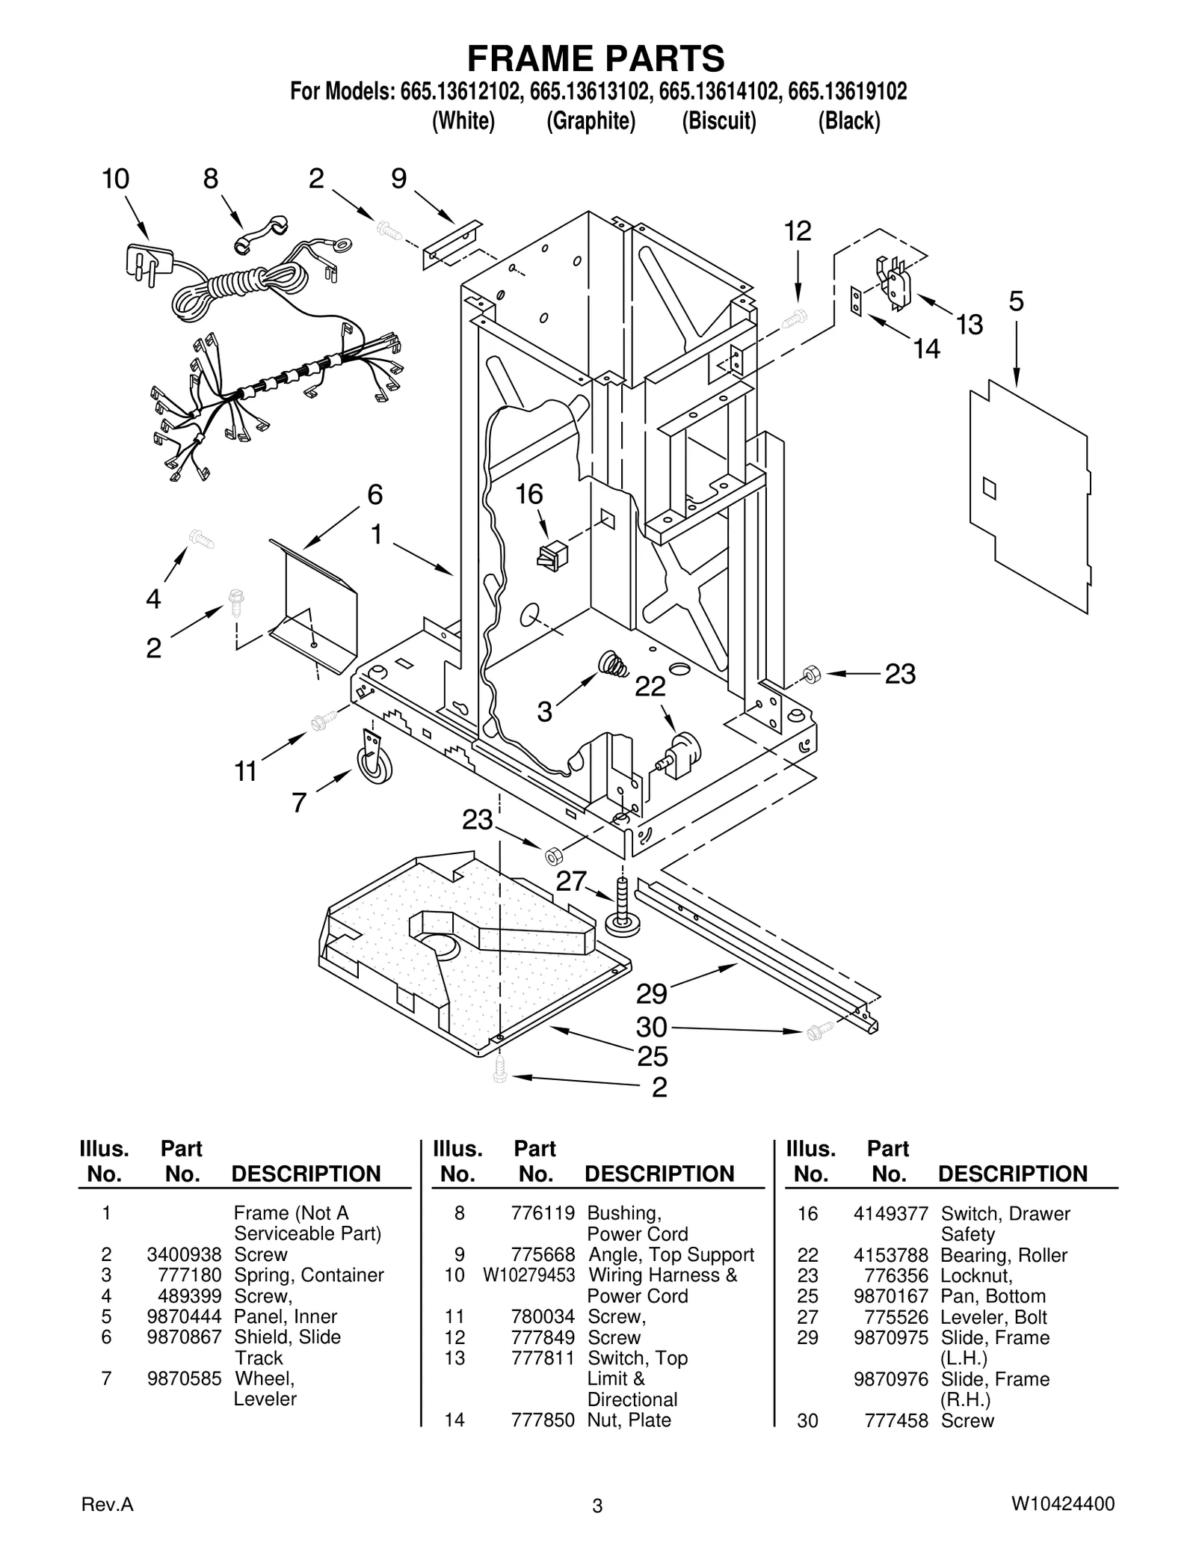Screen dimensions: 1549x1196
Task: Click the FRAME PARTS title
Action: (x=596, y=58)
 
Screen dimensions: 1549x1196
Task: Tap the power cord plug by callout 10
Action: (x=147, y=263)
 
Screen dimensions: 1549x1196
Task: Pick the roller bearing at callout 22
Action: (x=680, y=750)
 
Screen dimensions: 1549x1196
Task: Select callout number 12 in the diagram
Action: (x=798, y=231)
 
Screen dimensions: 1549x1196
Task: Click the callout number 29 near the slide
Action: (x=651, y=994)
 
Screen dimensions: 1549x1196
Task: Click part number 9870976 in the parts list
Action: (x=890, y=1378)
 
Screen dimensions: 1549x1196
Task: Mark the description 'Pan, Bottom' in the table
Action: (x=993, y=1296)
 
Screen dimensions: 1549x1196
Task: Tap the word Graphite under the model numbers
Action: (x=591, y=120)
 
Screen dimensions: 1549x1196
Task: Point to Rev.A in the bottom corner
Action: (x=107, y=1504)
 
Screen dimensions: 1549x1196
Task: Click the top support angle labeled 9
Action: (x=451, y=245)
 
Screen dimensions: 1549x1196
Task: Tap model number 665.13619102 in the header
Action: (x=848, y=91)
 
